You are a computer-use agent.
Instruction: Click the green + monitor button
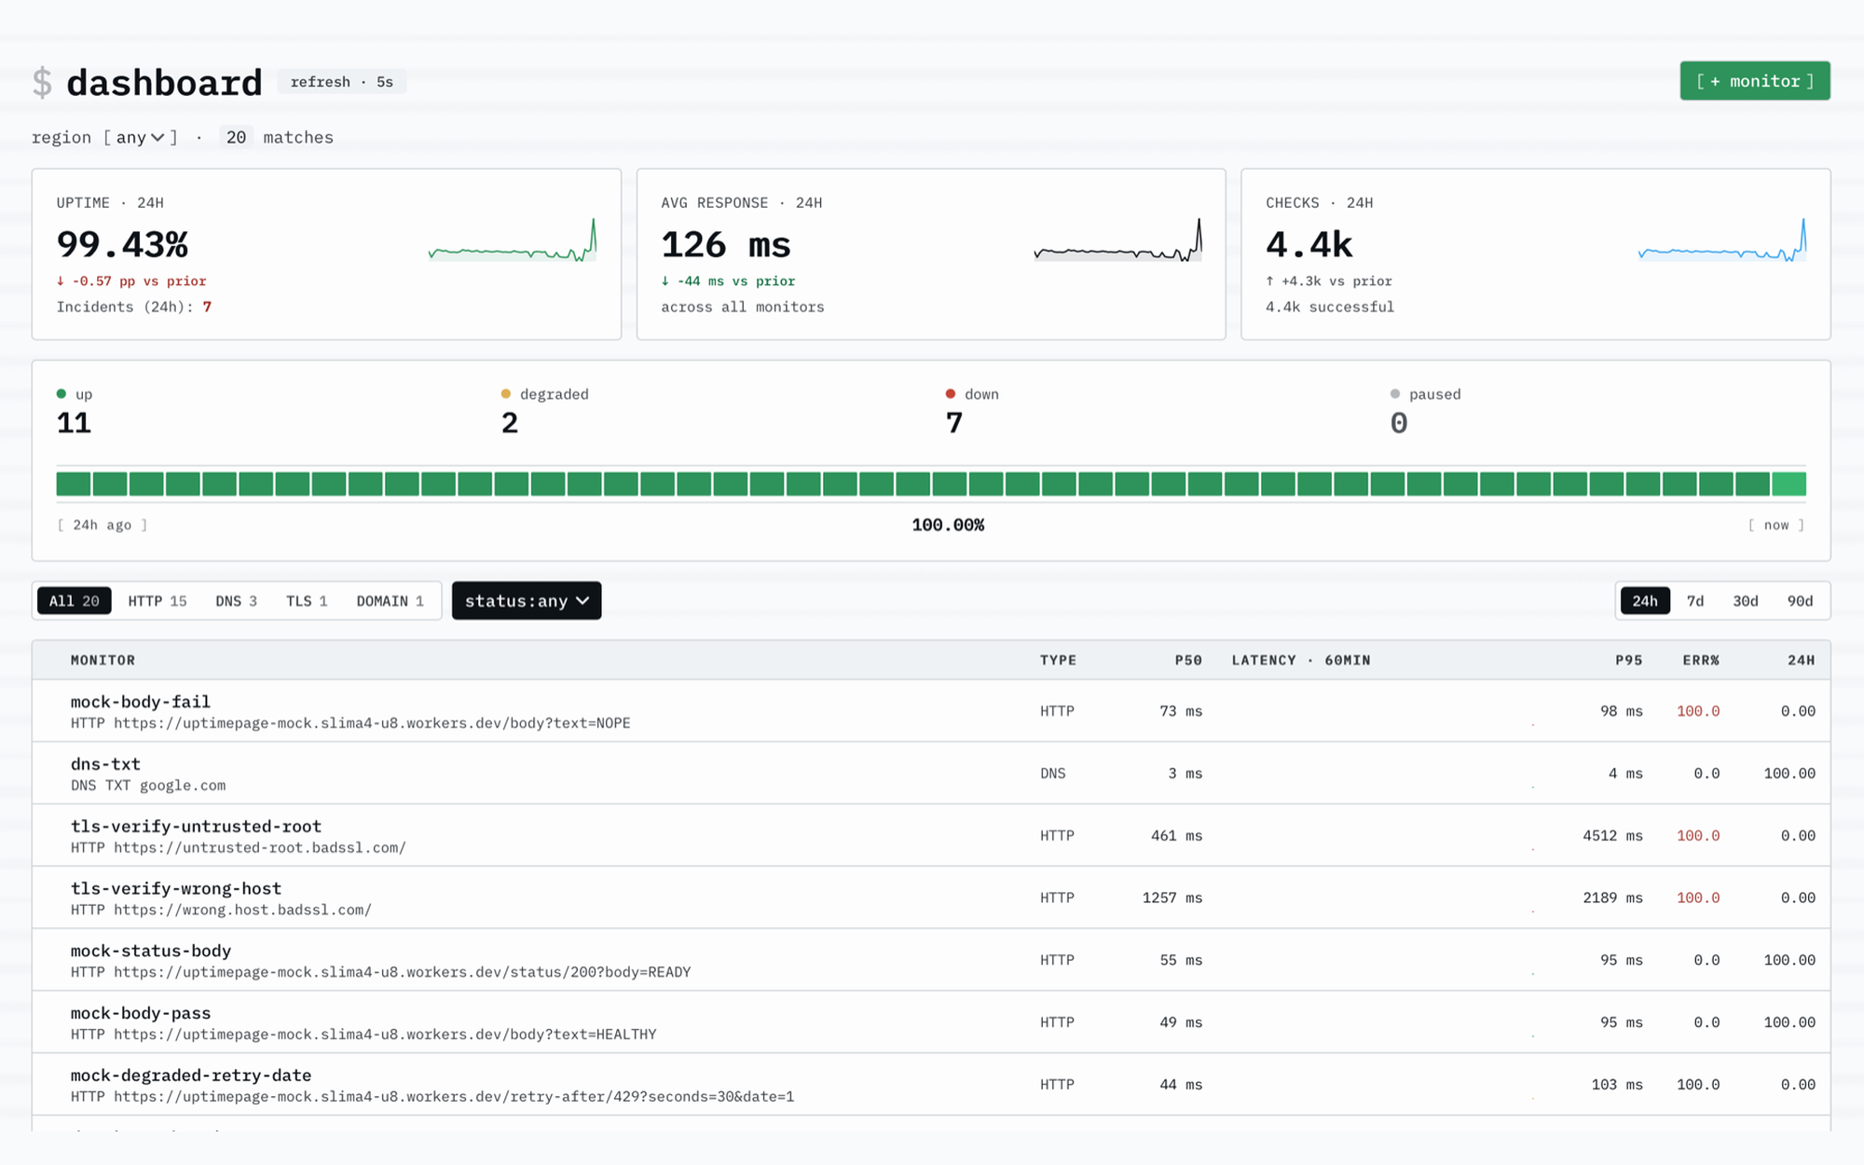click(x=1754, y=81)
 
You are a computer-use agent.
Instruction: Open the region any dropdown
click(x=141, y=137)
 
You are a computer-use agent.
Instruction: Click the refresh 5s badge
click(x=341, y=82)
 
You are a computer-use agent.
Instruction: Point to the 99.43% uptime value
click(x=122, y=244)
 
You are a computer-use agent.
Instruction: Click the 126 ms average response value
click(x=726, y=244)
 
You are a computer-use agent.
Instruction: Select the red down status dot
click(x=951, y=394)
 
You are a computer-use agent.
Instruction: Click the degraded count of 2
click(x=510, y=423)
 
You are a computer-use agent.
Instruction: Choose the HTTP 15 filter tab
click(x=158, y=601)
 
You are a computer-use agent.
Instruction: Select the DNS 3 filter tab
click(x=237, y=601)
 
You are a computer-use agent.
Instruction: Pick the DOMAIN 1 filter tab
click(x=391, y=601)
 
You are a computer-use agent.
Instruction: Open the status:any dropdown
click(x=527, y=601)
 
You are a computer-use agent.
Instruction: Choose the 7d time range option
click(x=1695, y=601)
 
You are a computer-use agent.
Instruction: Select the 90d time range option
click(x=1800, y=601)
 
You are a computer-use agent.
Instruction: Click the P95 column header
click(x=1629, y=660)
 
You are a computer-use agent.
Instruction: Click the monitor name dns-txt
click(x=105, y=764)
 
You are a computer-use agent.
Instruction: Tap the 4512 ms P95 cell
click(x=1612, y=836)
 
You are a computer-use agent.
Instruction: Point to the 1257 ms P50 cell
click(x=1172, y=898)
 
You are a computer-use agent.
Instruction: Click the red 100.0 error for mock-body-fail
click(x=1698, y=711)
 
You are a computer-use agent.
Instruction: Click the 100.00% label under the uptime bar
click(x=948, y=526)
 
